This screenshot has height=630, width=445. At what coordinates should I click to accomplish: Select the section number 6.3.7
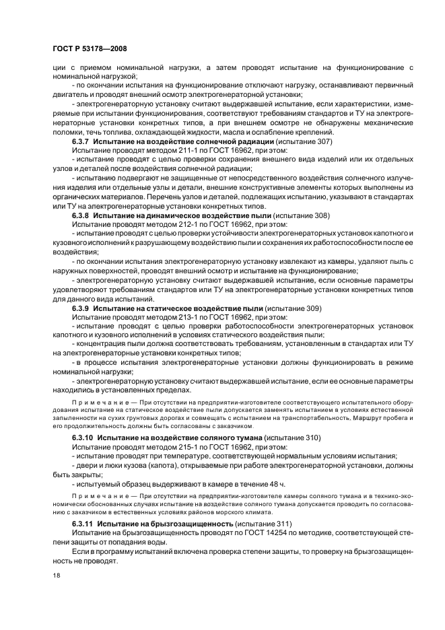click(x=81, y=143)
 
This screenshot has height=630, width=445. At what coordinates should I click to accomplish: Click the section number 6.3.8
click(x=81, y=215)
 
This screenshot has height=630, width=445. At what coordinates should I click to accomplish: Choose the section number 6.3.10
click(x=83, y=438)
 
